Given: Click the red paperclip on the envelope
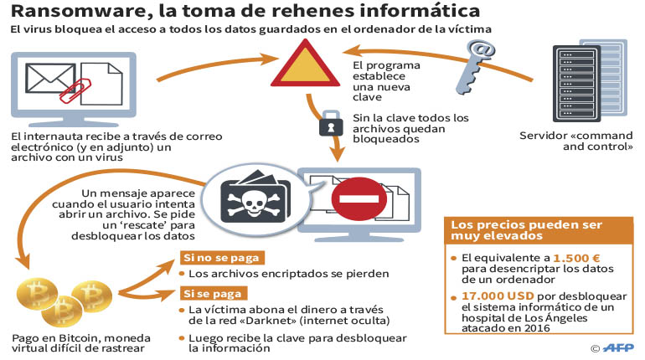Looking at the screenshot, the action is click(75, 90).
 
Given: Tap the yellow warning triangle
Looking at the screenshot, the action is click(305, 65).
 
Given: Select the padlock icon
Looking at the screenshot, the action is click(331, 123).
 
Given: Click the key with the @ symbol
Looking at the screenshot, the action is click(474, 67).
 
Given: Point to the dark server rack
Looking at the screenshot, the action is click(576, 84).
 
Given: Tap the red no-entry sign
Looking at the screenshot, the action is click(359, 199).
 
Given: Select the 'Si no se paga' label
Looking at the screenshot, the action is click(222, 258).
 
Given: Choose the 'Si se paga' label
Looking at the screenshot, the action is click(213, 293).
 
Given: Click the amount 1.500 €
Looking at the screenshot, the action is click(576, 258).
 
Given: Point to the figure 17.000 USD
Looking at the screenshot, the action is click(498, 296).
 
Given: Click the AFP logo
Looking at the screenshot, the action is click(618, 348).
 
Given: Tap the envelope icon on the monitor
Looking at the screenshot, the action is click(50, 78).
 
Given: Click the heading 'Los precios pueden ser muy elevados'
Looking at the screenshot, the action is click(526, 230).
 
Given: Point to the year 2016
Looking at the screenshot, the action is click(537, 328).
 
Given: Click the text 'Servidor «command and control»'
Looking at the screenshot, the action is click(576, 141).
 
